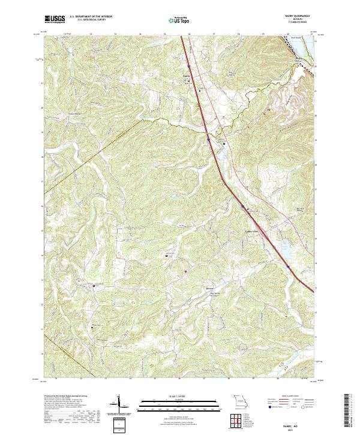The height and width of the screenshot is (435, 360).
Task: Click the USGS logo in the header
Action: (53, 20)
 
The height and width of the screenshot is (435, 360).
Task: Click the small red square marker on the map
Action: (185, 271)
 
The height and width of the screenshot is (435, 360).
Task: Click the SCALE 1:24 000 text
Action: (179, 397)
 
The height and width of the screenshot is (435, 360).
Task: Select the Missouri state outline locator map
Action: (239, 400)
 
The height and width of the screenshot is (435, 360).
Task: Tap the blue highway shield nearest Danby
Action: (188, 65)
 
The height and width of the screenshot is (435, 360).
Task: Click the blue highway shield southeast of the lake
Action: (288, 267)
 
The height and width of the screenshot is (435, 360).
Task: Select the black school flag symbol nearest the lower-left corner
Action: (92, 327)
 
